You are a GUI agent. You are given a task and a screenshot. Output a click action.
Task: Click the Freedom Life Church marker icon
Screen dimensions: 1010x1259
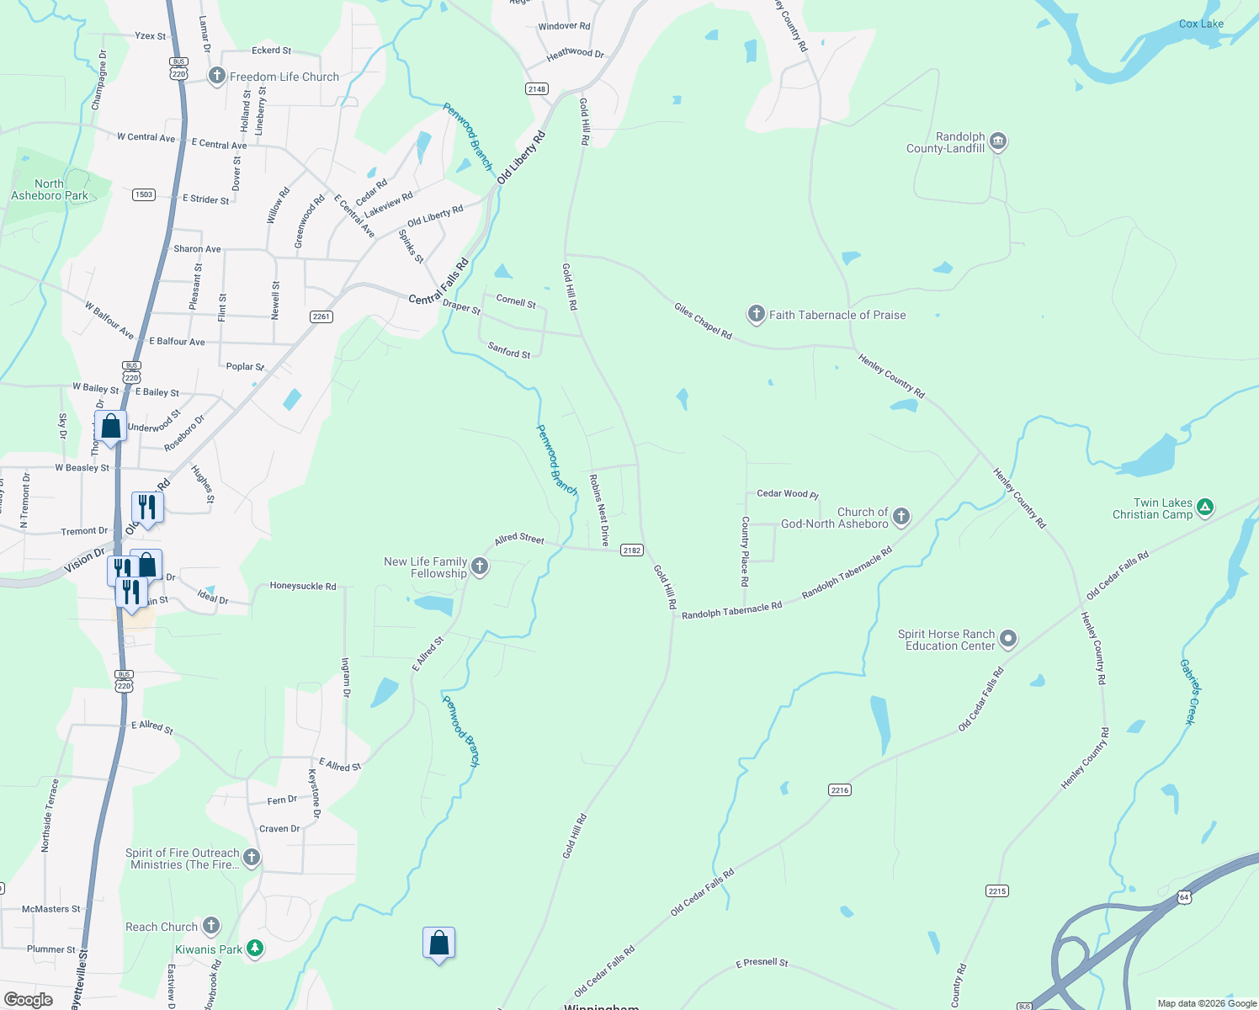216,77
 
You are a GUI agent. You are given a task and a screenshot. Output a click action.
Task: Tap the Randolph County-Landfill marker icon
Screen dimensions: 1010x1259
998,141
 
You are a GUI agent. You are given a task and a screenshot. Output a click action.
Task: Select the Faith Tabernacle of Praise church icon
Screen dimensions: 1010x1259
756,315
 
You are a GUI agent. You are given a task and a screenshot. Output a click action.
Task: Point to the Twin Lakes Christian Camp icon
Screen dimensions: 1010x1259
1205,507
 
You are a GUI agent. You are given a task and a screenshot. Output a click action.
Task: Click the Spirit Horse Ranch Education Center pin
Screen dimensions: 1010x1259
1007,640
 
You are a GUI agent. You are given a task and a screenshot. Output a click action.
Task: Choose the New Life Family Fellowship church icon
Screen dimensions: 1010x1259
480,566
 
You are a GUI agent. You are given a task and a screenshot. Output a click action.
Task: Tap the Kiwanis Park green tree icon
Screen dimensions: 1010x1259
255,949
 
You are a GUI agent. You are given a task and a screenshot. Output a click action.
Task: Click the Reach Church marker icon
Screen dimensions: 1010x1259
211,926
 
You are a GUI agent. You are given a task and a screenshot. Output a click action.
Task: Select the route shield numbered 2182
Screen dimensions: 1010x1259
631,550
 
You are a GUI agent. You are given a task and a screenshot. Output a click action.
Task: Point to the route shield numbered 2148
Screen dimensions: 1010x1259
536,89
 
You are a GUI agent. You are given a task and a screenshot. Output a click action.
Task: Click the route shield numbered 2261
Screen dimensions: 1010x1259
321,316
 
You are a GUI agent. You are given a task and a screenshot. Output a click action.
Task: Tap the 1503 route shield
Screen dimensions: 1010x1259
144,194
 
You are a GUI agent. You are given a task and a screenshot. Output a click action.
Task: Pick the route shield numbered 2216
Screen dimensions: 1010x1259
840,789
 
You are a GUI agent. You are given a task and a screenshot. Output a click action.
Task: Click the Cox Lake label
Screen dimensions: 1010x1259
1201,24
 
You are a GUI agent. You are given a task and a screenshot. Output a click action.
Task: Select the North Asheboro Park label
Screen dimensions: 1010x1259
50,189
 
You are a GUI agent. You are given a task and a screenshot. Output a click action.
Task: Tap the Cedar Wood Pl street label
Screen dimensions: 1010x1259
788,494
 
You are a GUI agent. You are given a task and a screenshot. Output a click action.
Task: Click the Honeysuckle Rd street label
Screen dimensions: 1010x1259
302,586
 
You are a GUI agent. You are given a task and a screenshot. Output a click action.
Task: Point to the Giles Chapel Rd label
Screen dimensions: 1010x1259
703,322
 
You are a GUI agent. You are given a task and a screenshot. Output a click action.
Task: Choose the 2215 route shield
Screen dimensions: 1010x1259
996,890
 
